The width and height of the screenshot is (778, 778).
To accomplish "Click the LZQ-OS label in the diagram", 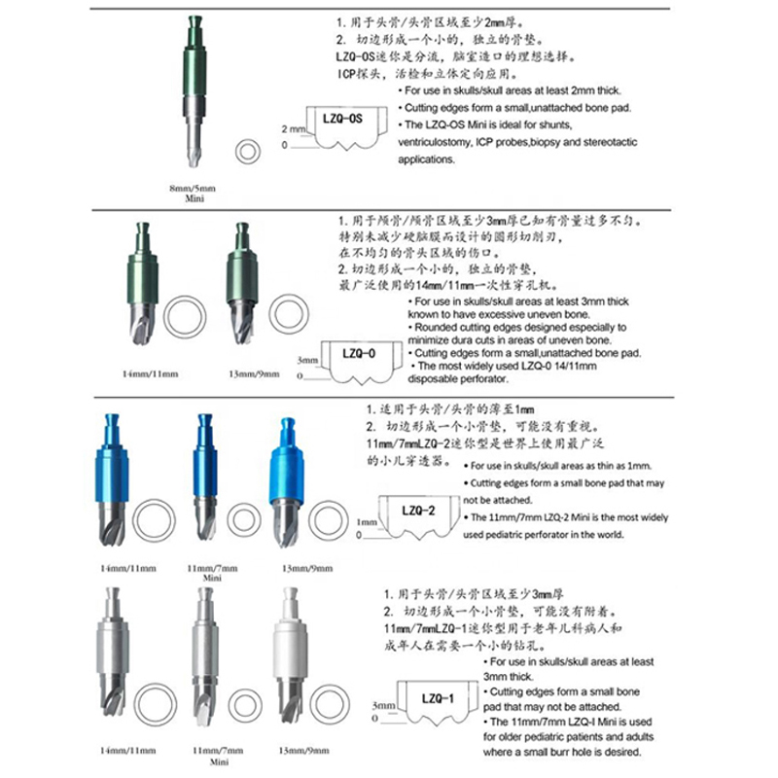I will (341, 118).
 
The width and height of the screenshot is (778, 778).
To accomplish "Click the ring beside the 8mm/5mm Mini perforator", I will (248, 151).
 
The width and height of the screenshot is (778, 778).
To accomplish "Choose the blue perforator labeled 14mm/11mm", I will (109, 477).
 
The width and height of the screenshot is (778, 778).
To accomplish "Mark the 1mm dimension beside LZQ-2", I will (366, 522).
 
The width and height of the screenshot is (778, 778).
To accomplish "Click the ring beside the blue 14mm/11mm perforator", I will (153, 519).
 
